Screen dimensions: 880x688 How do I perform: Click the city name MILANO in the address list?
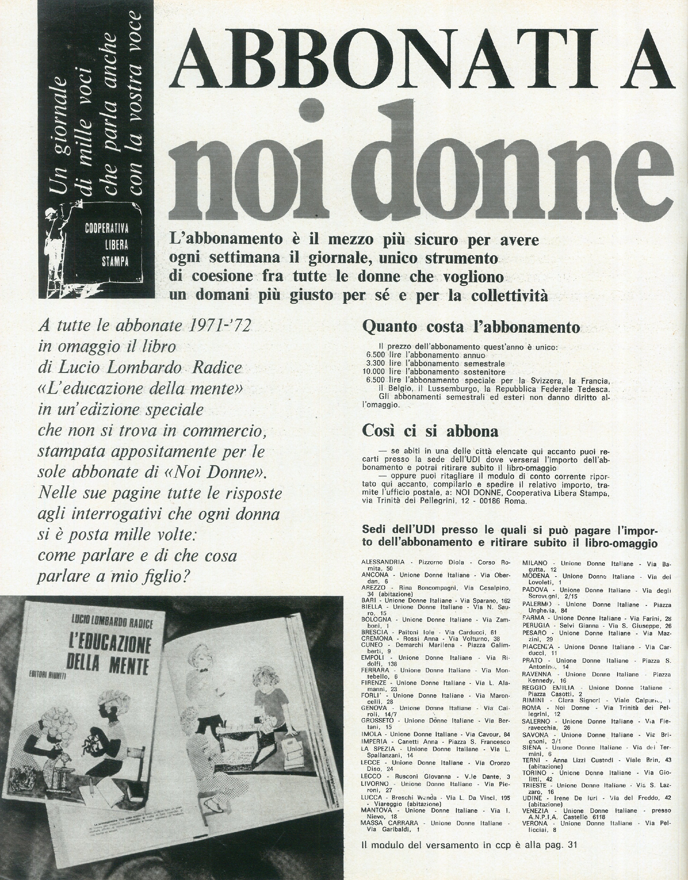[535, 563]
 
